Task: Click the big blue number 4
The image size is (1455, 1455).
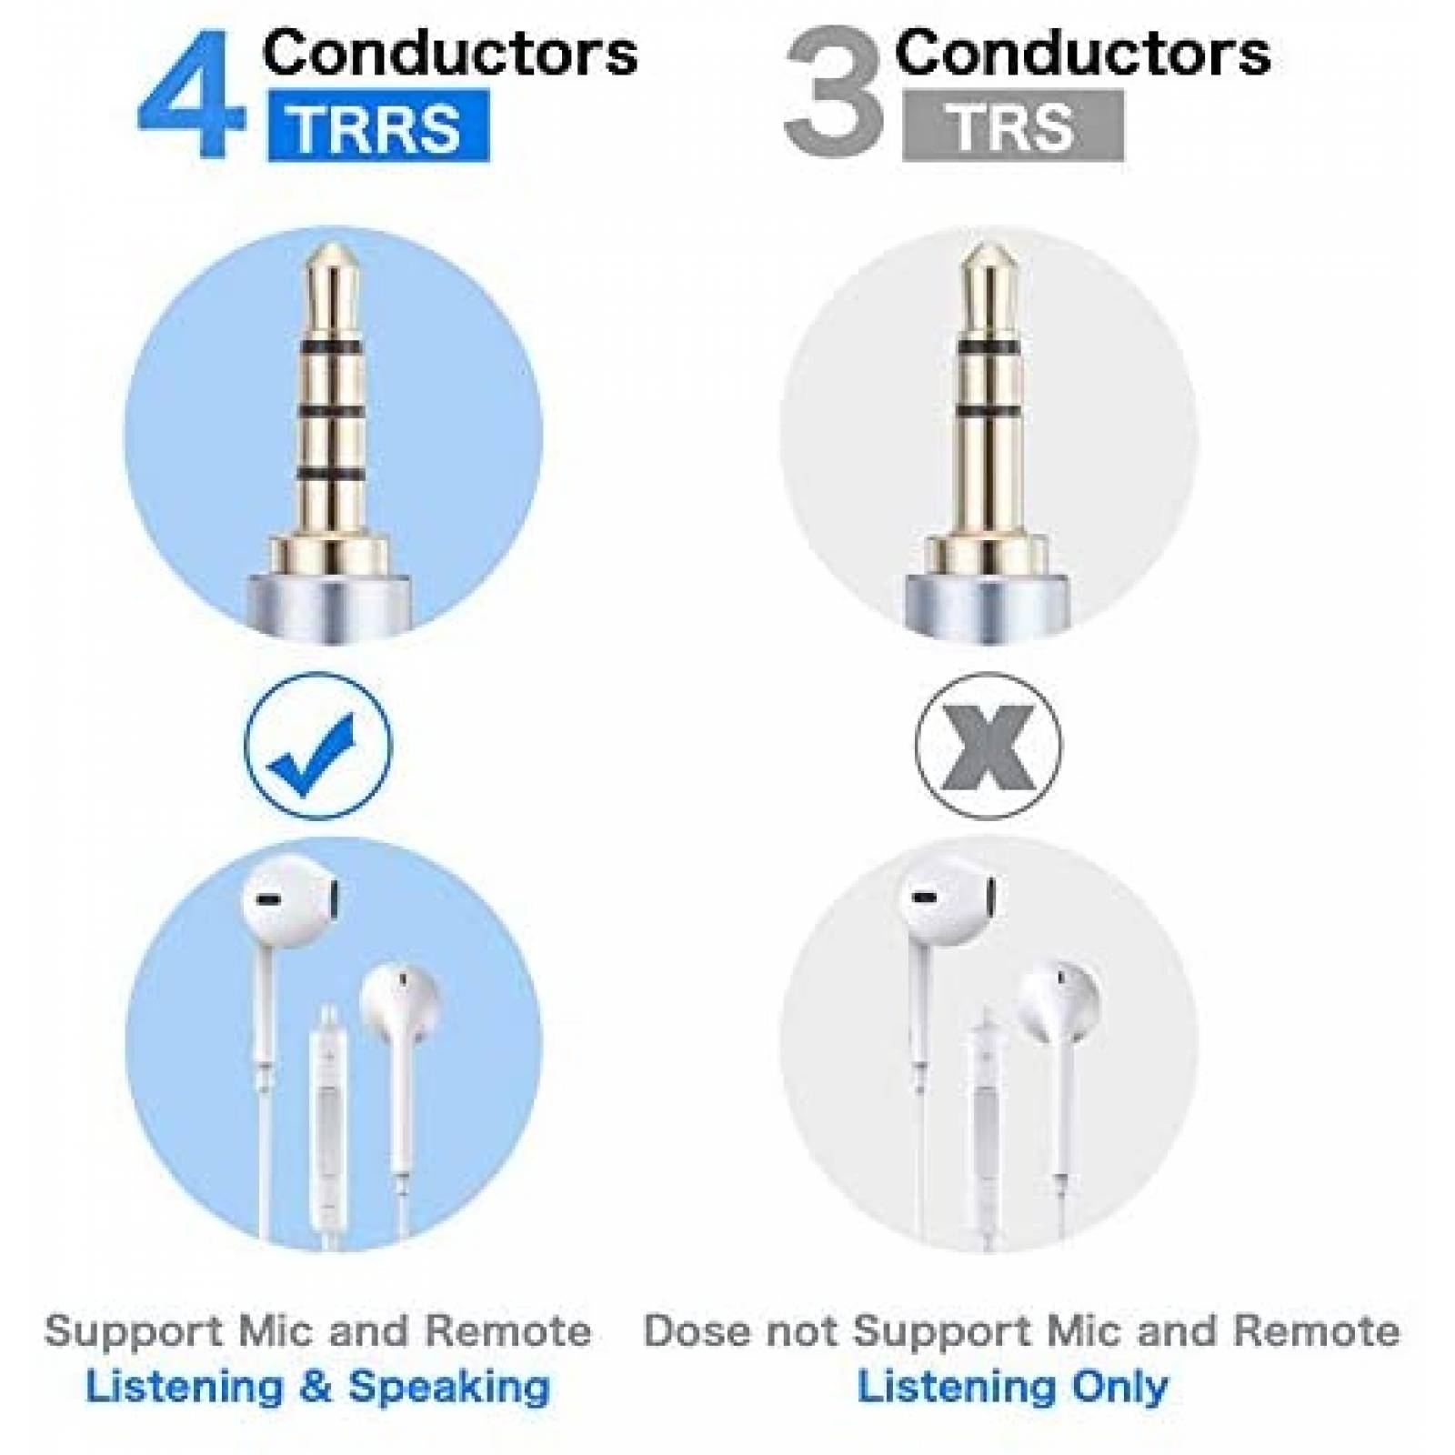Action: [x=192, y=95]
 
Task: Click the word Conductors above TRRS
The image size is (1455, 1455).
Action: [x=450, y=52]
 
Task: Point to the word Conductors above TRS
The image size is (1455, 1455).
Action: [x=1083, y=52]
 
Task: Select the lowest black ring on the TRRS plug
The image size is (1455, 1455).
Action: [x=333, y=472]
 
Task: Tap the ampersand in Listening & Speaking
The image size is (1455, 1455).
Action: [x=318, y=1387]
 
